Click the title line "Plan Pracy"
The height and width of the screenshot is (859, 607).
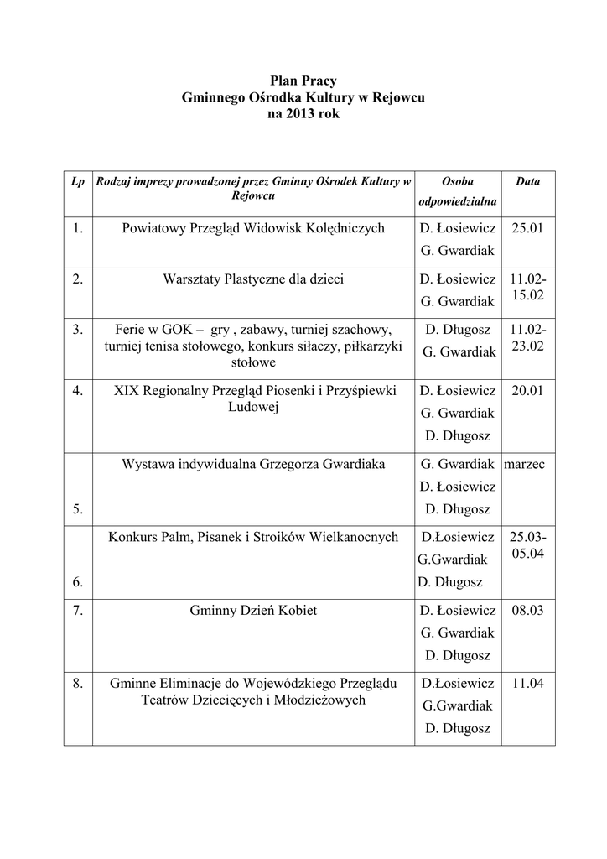[x=303, y=81]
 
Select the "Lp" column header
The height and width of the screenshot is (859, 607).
[x=78, y=181]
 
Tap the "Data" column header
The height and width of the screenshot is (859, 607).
[x=527, y=181]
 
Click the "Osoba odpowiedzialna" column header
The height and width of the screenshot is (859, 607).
[x=457, y=191]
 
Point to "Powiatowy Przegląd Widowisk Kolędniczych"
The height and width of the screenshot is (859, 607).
[x=253, y=228]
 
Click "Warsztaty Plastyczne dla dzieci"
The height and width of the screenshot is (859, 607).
[x=253, y=279]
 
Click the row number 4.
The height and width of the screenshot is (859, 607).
[x=78, y=391]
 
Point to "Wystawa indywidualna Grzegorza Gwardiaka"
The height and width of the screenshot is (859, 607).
[x=253, y=464]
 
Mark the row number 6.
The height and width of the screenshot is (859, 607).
[x=78, y=581]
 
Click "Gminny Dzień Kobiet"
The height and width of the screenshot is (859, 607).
[x=253, y=611]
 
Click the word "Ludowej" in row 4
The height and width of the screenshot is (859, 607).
[x=253, y=407]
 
